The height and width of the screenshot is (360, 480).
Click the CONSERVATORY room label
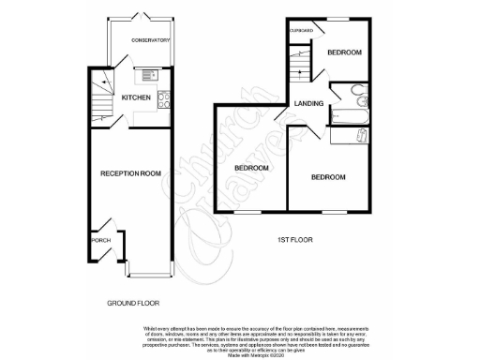pyautogui.click(x=150, y=40)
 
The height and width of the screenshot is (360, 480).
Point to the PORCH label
pyautogui.click(x=101, y=241)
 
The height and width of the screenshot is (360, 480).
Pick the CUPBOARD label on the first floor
pyautogui.click(x=301, y=31)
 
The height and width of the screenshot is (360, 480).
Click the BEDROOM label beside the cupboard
pyautogui.click(x=344, y=52)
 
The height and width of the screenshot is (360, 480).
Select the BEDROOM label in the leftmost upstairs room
pyautogui.click(x=251, y=168)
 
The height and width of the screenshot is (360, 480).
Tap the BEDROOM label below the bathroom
pyautogui.click(x=329, y=176)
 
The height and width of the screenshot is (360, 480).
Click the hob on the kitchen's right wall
pyautogui.click(x=164, y=96)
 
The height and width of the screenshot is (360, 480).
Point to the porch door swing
pyautogui.click(x=109, y=229)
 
